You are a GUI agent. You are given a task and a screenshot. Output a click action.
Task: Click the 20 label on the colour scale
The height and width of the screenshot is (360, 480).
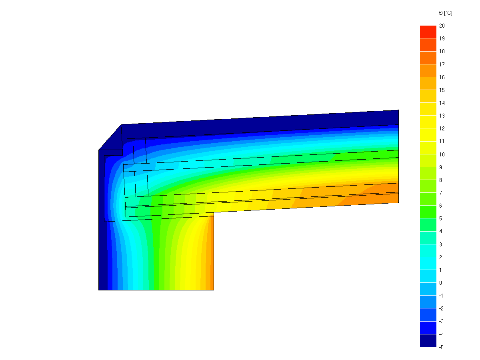coord(442,26)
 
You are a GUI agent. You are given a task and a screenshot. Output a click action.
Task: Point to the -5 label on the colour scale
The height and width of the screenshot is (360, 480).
coord(441,347)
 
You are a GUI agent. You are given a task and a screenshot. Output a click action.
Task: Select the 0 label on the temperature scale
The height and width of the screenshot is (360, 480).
coord(440,283)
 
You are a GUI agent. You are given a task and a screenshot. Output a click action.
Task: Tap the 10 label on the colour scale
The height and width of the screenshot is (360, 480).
coord(442,154)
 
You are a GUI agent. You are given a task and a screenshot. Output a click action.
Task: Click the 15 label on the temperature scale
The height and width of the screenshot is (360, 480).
coord(442,90)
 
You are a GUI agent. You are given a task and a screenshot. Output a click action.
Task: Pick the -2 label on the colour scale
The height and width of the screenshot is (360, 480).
coord(441,308)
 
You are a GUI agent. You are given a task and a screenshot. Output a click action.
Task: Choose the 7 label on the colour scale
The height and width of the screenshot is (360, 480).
coord(440,193)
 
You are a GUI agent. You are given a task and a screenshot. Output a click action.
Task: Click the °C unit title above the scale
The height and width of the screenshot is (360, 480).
coord(446,13)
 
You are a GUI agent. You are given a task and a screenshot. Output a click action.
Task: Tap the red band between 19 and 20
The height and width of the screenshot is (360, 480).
coord(428,32)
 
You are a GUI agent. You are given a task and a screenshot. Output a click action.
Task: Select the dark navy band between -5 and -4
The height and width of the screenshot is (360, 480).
coord(428,340)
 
